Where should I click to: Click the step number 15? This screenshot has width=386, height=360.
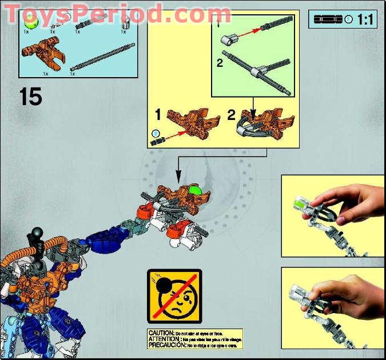(x=31, y=97)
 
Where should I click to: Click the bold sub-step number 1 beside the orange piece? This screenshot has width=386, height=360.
(x=158, y=114)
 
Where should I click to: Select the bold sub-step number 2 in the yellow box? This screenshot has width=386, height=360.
(x=231, y=114)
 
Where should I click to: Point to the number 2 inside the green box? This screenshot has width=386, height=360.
(x=220, y=63)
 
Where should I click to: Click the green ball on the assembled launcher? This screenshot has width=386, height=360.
(x=196, y=191)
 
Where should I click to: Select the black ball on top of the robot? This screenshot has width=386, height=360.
(x=37, y=233)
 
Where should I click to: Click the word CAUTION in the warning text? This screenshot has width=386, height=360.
(x=160, y=333)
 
